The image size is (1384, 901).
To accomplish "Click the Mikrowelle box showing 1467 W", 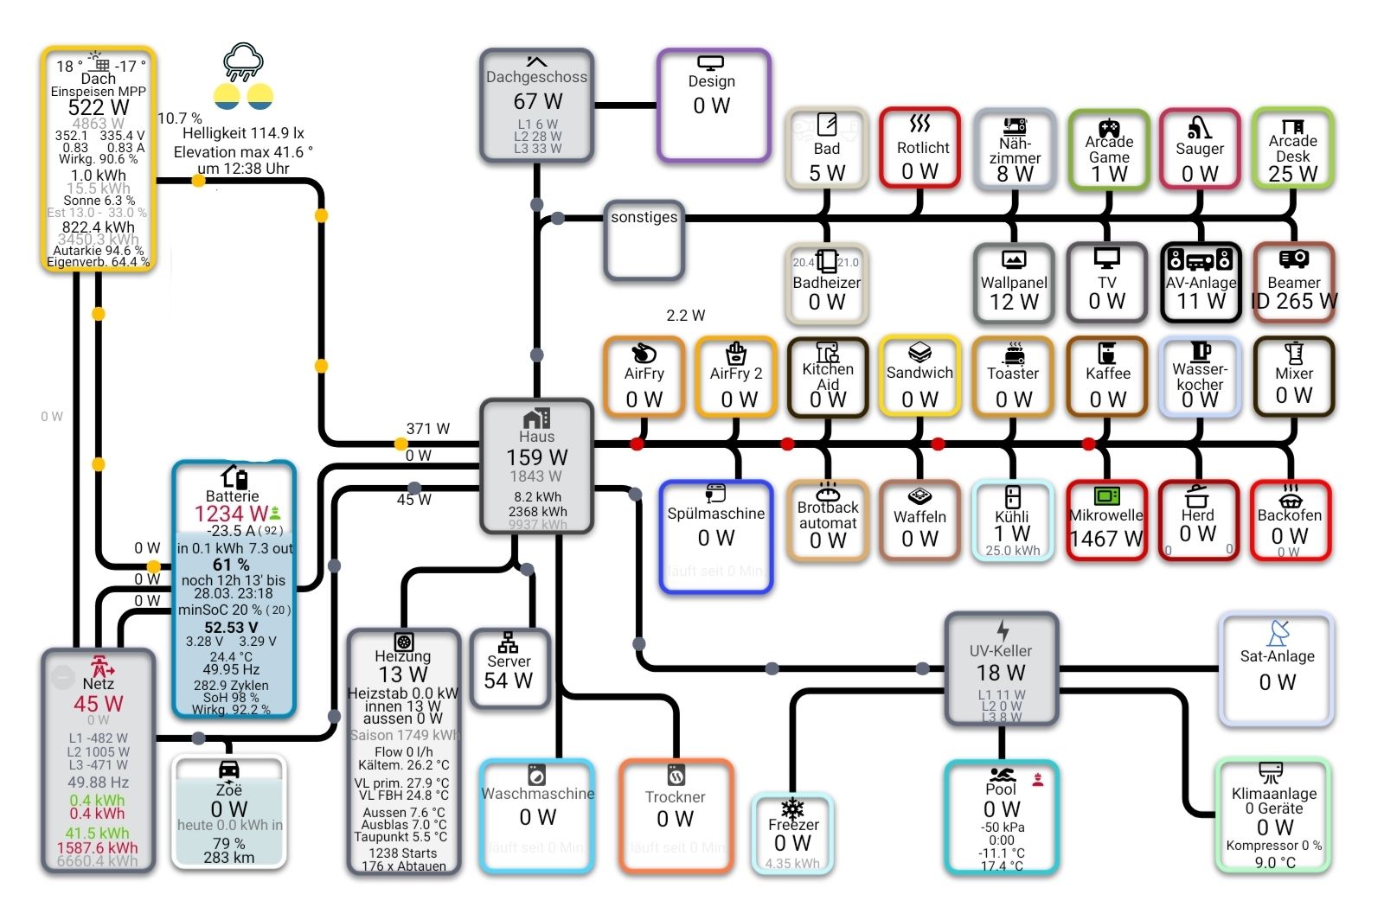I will (x=1106, y=521).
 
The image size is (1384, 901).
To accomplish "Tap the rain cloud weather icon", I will (x=243, y=61).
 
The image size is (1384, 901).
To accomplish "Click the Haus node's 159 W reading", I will (x=536, y=457).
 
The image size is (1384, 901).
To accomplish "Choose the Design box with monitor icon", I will (x=713, y=105).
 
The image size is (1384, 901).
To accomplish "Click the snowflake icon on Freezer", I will (x=792, y=808).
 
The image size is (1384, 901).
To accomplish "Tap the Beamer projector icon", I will (x=1293, y=259).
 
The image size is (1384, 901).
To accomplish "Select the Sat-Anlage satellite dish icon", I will (x=1278, y=633).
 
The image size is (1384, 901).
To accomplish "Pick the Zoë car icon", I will (x=229, y=770).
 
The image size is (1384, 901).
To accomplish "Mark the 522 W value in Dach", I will (x=99, y=107).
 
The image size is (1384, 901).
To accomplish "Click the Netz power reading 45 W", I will (x=98, y=704).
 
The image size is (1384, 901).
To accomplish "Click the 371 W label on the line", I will (x=428, y=428).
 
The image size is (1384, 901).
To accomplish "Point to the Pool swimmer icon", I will (x=1002, y=774).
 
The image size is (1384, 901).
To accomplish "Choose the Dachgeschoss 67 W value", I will (x=537, y=101).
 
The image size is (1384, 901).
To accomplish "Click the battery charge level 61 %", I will (x=231, y=564).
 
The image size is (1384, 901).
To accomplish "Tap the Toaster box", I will (x=1012, y=377).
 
